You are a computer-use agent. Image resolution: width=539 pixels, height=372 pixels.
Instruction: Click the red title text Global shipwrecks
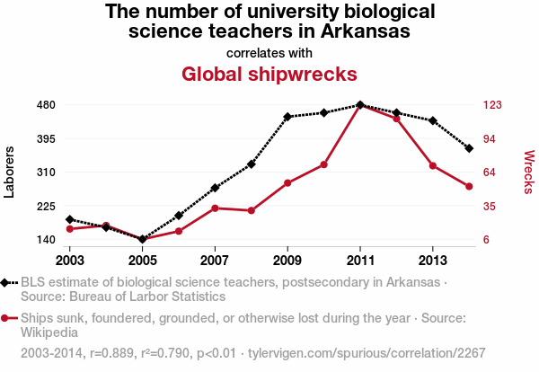[269, 74]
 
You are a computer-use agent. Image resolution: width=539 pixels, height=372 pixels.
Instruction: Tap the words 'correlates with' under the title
[269, 51]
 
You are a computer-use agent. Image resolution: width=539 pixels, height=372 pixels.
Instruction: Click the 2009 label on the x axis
[287, 260]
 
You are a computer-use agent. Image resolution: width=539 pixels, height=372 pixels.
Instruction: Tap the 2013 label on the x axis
[433, 260]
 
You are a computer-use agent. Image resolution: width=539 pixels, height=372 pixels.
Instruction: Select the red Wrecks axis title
[528, 172]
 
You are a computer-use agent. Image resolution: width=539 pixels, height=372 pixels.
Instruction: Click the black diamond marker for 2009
[287, 117]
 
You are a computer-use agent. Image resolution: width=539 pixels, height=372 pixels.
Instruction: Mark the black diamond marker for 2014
[469, 148]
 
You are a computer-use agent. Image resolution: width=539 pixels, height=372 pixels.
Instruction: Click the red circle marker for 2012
[396, 119]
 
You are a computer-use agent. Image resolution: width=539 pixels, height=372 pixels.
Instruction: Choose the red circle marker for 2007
[215, 208]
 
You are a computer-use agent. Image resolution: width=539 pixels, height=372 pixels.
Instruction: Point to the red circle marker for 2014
[469, 186]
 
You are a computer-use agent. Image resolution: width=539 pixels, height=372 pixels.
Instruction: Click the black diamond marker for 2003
[70, 219]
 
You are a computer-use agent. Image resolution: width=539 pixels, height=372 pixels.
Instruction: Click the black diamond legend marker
[7, 282]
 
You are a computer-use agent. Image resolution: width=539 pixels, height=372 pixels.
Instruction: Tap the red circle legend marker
[7, 318]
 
